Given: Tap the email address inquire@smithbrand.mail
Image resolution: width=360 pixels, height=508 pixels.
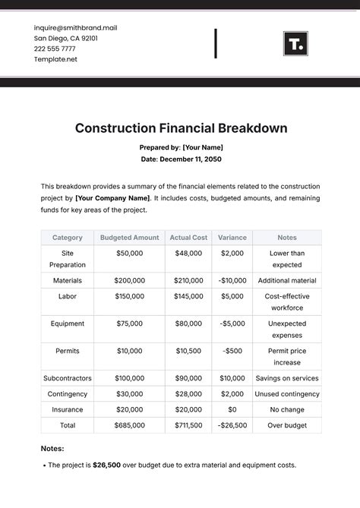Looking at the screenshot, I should tap(76, 27).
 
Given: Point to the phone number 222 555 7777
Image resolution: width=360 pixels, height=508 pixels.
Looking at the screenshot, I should tap(55, 48).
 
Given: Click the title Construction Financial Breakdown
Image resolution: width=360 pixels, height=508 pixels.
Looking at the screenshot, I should tap(181, 128).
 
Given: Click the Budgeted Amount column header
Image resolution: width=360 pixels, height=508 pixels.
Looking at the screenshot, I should tap(130, 238).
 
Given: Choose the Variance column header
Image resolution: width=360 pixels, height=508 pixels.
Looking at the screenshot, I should tap(232, 238).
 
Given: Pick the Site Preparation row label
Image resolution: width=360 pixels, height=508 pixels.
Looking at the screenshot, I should tap(68, 259).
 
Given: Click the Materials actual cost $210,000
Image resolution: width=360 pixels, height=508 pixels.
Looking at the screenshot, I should tap(189, 280).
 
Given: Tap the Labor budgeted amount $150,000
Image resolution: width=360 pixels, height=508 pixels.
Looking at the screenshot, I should tap(130, 296).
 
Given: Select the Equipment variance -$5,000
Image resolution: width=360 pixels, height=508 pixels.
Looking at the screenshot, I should tap(232, 323).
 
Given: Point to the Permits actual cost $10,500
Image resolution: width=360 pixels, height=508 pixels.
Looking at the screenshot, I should tap(189, 351).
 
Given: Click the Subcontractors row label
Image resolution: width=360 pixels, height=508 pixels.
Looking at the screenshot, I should tap(68, 378).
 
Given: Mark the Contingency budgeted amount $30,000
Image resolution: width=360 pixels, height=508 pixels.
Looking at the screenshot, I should tap(130, 394).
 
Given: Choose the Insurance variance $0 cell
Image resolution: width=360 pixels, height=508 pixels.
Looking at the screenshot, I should tap(232, 410).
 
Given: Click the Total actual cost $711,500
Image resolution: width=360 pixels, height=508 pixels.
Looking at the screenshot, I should tap(189, 426).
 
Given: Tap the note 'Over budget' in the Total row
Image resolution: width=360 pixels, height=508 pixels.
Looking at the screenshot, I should tap(287, 426).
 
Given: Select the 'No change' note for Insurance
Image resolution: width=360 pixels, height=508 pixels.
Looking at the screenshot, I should tap(287, 410).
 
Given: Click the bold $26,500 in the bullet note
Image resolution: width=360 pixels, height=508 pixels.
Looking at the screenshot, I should tap(106, 465).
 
